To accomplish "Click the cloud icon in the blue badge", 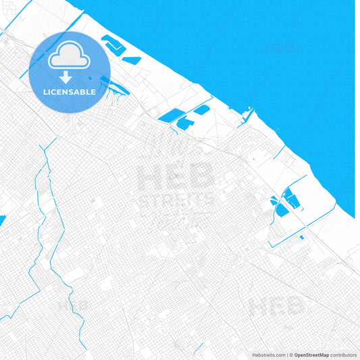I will [68, 57].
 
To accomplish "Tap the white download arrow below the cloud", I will [66, 78].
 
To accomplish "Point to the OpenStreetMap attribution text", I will [311, 355].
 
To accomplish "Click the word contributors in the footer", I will [344, 355].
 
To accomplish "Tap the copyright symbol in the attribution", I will [290, 355].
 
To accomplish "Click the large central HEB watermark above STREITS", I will [176, 177].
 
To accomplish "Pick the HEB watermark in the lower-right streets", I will [276, 307].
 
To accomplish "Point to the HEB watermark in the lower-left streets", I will [74, 306].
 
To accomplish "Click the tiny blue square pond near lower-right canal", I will [301, 237].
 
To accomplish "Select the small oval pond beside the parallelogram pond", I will [201, 109].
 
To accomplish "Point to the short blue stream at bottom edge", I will [199, 349].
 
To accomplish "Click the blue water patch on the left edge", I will [2, 220].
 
